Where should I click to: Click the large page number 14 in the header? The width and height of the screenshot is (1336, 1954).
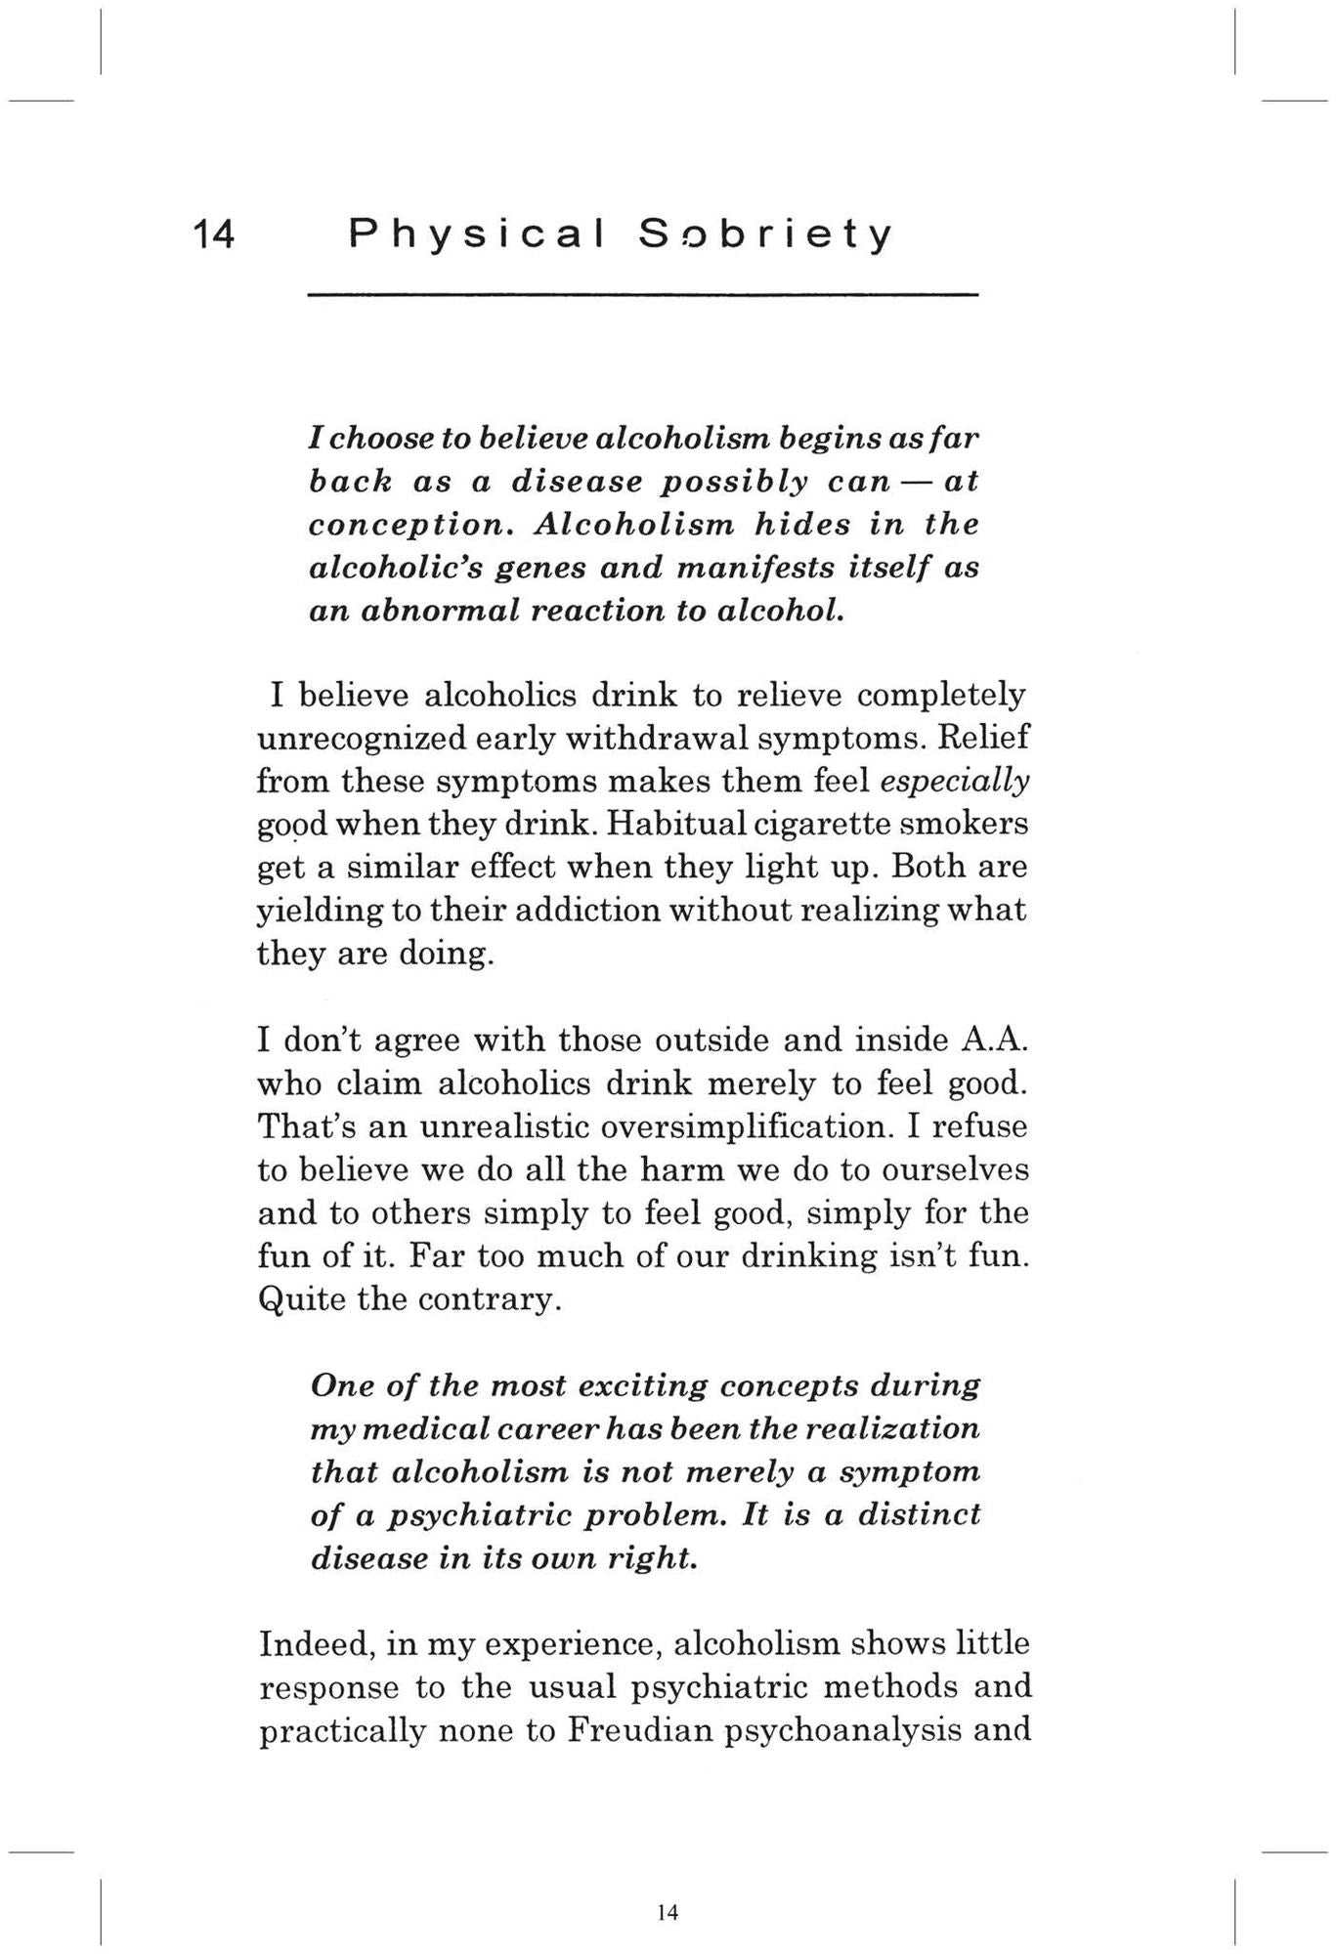tap(214, 234)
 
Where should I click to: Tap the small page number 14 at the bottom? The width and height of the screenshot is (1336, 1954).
tap(668, 1912)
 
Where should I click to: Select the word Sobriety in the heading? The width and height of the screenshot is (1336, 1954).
tap(765, 234)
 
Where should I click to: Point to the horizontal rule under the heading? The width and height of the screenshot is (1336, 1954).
tap(642, 294)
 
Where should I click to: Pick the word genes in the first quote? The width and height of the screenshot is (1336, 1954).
tap(539, 568)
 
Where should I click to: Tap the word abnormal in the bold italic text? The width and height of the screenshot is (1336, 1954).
tap(439, 611)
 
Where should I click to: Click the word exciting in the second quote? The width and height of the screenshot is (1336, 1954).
tap(643, 1386)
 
